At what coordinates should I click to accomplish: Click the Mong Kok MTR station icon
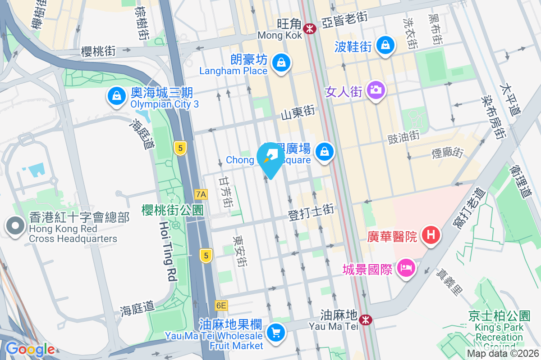[310, 29]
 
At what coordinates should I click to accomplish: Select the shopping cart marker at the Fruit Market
[275, 333]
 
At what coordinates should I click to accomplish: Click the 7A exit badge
[201, 194]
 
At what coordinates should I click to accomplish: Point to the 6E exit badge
[221, 306]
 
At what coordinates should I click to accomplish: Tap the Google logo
[30, 349]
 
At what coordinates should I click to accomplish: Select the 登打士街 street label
[311, 212]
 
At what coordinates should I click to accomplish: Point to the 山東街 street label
[297, 113]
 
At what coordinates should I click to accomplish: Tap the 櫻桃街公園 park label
[172, 209]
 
